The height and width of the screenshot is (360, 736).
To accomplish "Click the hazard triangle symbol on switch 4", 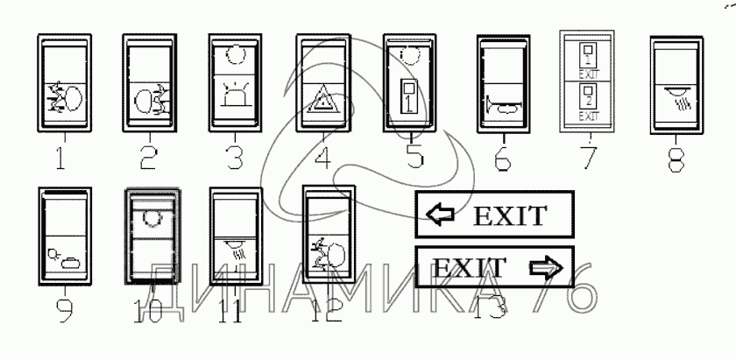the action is (322, 104).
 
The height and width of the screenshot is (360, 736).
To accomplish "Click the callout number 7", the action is (589, 159).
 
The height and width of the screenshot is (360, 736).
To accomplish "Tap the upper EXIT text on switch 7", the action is (588, 74).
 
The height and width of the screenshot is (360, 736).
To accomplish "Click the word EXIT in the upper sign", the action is (509, 215).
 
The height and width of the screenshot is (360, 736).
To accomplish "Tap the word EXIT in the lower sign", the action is (471, 266).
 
